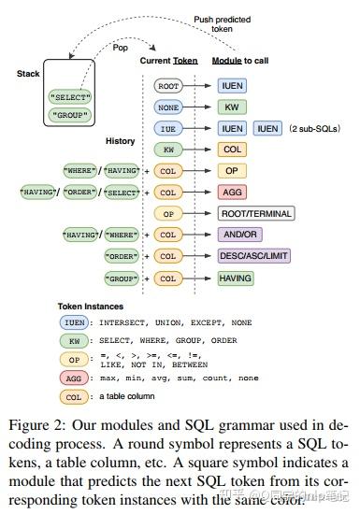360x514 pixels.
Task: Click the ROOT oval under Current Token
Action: (x=168, y=85)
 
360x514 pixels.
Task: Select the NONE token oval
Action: (x=168, y=107)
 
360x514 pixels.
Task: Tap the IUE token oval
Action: (x=168, y=127)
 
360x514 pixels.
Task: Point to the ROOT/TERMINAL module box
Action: (x=255, y=213)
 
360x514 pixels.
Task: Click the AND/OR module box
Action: (x=239, y=235)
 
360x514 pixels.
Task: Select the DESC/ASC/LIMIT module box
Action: (x=253, y=255)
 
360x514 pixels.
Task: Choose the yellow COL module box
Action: (x=231, y=149)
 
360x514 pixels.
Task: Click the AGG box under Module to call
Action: (x=231, y=192)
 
